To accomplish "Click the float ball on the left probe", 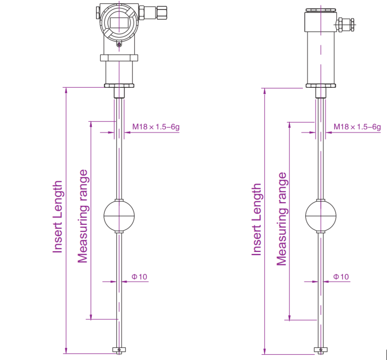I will pyautogui.click(x=119, y=216).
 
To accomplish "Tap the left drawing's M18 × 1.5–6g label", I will pyautogui.click(x=156, y=127).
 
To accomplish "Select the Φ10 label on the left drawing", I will pyautogui.click(x=139, y=277).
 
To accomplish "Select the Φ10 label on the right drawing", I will pyautogui.click(x=341, y=277).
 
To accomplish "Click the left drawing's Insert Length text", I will pyautogui.click(x=58, y=217).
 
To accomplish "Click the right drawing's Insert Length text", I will pyautogui.click(x=256, y=219).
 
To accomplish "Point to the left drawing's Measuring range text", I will pyautogui.click(x=82, y=216).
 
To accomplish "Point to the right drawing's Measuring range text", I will pyautogui.click(x=282, y=219).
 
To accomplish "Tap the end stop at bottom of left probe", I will pyautogui.click(x=119, y=350).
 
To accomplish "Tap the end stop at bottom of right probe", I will pyautogui.click(x=320, y=350).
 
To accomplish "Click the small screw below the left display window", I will pyautogui.click(x=119, y=44).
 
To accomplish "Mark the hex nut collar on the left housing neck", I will pyautogui.click(x=119, y=58).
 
